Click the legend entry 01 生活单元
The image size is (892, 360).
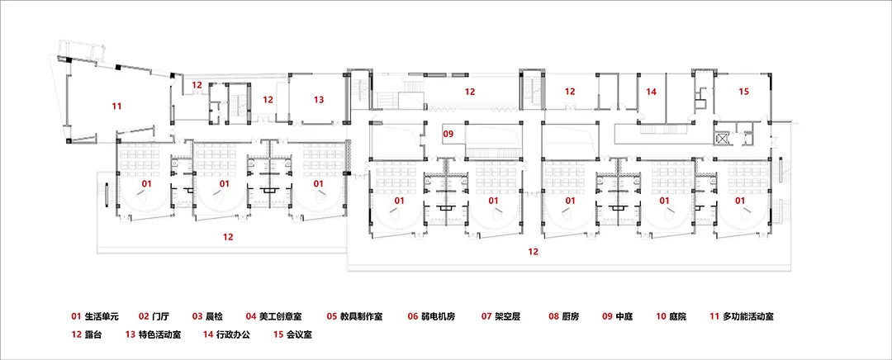(x=96, y=316)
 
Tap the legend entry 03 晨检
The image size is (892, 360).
(x=208, y=316)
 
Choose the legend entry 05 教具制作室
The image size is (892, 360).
(x=358, y=316)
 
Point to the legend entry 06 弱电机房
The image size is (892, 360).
(x=438, y=316)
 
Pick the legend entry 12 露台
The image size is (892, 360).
(x=90, y=335)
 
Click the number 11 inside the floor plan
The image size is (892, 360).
(x=116, y=106)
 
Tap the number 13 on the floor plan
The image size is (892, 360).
(x=318, y=99)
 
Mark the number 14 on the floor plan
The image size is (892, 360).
(x=651, y=92)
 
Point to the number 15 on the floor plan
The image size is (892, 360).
(x=743, y=92)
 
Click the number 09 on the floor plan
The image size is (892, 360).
(x=448, y=133)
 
